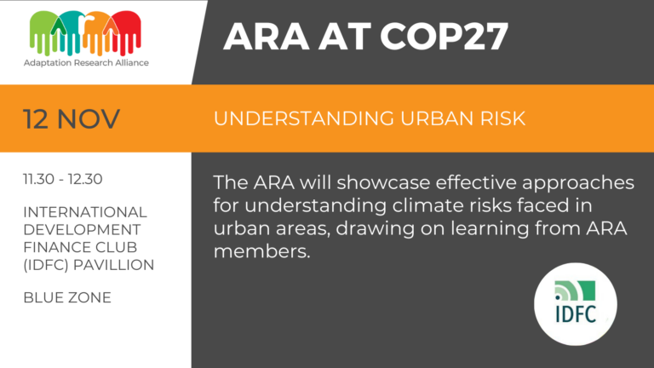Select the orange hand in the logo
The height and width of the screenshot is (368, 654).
(97, 33)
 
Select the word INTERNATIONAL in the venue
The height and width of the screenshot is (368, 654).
(85, 211)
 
